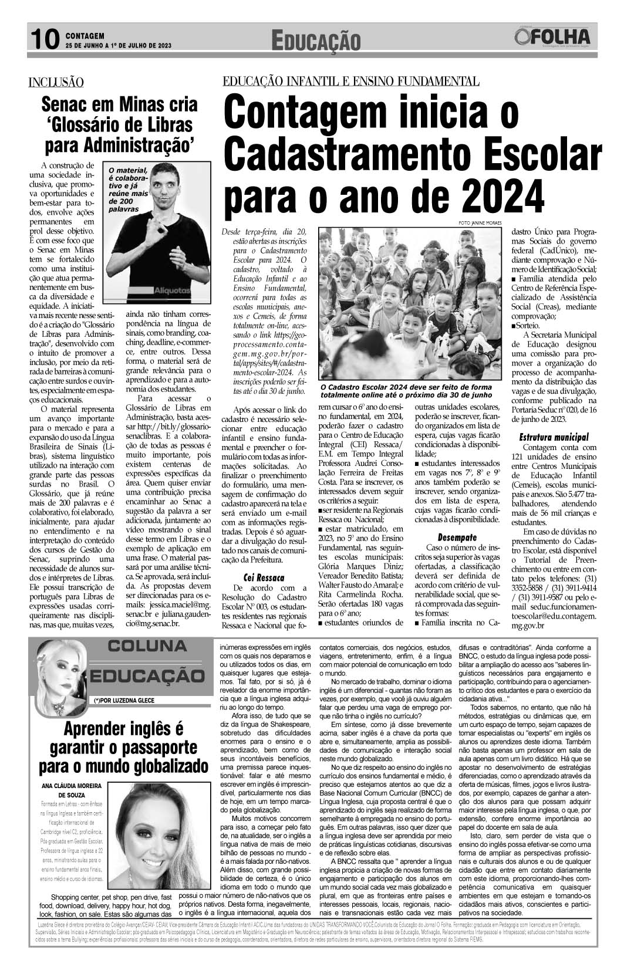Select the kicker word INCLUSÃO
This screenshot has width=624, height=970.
pyautogui.click(x=56, y=83)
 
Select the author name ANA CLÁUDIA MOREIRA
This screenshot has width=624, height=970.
pyautogui.click(x=72, y=785)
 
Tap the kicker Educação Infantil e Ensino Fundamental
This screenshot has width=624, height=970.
pyautogui.click(x=350, y=81)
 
